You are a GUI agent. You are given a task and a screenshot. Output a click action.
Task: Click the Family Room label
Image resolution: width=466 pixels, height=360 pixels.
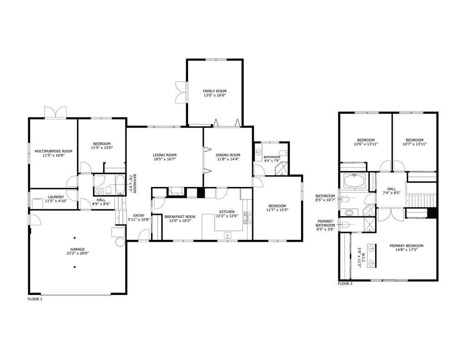pos(215,91)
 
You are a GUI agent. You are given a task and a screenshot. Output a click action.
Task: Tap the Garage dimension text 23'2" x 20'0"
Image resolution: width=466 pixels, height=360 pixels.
pos(77,254)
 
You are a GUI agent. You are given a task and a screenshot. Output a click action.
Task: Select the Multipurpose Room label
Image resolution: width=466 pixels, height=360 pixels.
pos(54,151)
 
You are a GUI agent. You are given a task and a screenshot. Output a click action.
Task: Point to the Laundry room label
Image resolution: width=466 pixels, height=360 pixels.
pos(56,197)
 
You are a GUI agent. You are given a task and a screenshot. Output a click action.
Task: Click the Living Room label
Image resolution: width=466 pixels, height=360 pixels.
pos(165,155)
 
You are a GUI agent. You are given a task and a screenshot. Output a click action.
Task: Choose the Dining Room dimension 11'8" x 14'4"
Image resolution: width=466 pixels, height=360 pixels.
pos(228,159)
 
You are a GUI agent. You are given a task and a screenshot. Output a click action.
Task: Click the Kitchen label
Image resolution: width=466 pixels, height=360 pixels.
pos(227,212)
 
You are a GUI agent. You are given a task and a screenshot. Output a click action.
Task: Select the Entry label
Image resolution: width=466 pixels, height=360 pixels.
pos(139,216)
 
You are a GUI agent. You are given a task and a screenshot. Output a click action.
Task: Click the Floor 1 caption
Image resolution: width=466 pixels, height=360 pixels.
pos(35,299)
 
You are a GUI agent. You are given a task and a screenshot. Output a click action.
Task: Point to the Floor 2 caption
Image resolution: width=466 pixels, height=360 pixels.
pos(345,284)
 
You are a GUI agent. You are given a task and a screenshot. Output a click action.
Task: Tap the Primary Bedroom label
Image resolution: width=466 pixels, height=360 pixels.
pos(406,246)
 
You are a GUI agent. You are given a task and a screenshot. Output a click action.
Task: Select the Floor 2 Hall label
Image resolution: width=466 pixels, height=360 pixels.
pos(391,189)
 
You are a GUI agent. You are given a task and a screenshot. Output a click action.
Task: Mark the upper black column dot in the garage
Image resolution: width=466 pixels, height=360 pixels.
pos(74,238)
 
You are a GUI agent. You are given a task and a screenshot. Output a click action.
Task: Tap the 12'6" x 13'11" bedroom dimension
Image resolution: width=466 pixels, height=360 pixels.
pos(366,144)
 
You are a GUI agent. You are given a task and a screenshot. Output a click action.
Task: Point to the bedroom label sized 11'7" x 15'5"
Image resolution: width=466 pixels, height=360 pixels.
pos(277,206)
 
